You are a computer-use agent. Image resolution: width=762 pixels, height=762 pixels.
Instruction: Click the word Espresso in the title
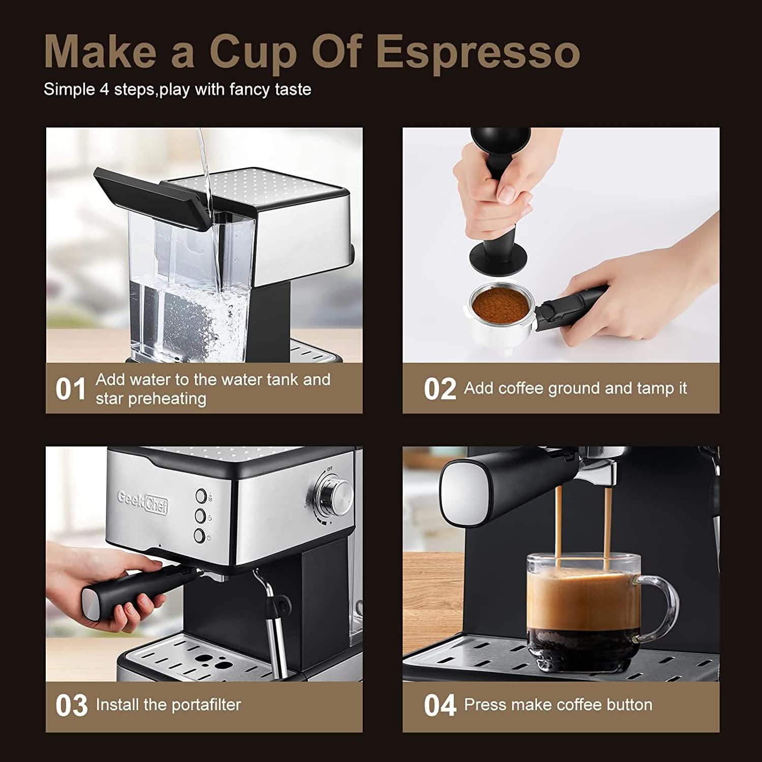(479, 52)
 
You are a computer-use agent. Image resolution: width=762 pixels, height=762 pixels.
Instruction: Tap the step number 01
(71, 390)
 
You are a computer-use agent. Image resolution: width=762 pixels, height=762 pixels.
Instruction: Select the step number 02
(439, 390)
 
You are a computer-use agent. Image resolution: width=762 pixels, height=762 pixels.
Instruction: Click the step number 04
(439, 706)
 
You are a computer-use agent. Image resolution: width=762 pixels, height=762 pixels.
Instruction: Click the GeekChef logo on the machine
(143, 502)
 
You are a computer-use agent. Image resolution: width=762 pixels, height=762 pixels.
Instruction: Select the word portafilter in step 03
(205, 705)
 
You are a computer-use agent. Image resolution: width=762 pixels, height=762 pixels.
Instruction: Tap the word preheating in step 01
(167, 399)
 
